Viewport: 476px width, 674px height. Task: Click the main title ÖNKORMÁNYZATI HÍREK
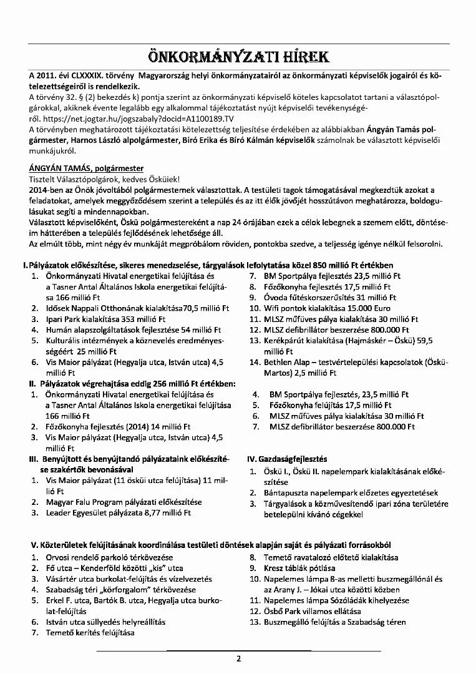pyautogui.click(x=238, y=57)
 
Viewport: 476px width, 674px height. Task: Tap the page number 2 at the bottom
pyautogui.click(x=238, y=659)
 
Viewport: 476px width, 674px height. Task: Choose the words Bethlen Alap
pyautogui.click(x=293, y=363)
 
